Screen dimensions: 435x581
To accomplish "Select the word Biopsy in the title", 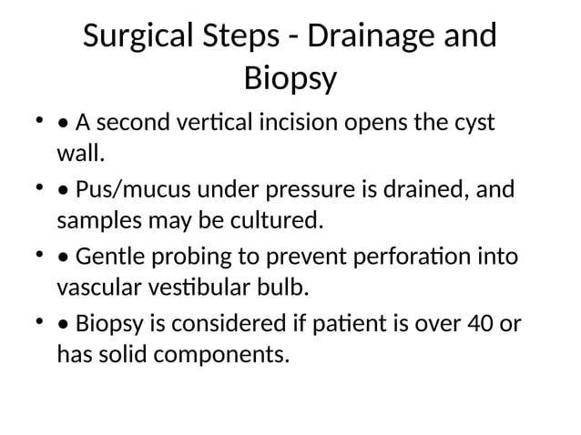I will pos(290,79).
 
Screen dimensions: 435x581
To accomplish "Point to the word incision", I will pos(296,122).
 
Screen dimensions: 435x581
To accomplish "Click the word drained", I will pos(417,191).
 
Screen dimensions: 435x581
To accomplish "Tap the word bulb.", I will pos(283,288).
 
